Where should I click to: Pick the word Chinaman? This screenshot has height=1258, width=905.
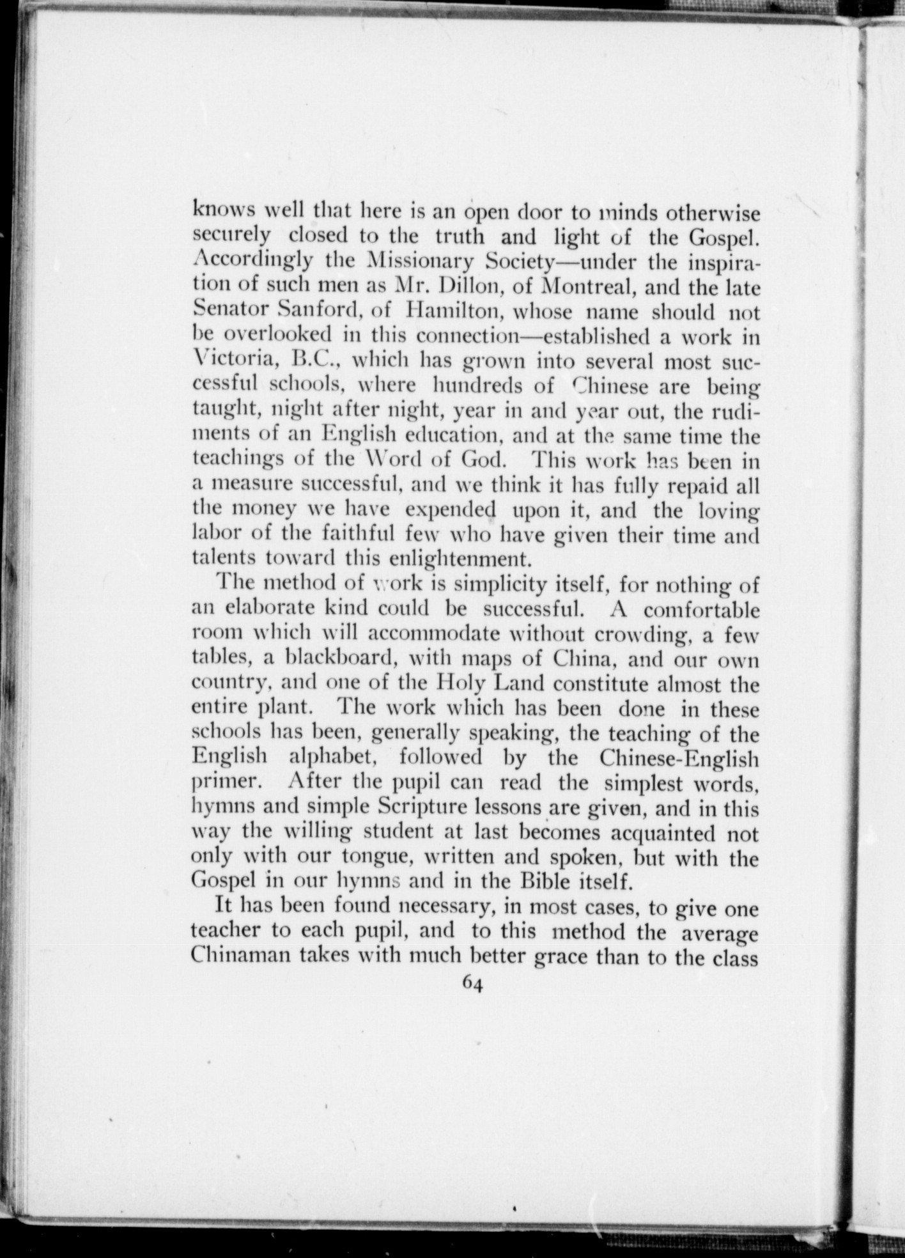(237, 957)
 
